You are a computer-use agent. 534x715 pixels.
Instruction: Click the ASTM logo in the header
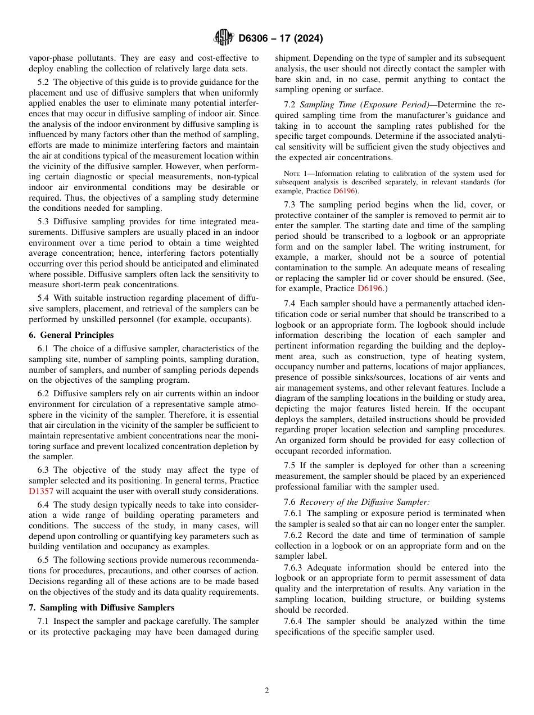[223, 38]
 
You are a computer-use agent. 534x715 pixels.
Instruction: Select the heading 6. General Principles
[71, 335]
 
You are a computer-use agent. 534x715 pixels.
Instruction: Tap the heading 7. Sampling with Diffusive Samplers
[101, 608]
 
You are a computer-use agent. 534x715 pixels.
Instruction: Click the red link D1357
[40, 491]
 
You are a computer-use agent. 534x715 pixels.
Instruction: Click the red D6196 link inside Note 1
[345, 191]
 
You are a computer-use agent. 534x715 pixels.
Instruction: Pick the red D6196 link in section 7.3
[369, 288]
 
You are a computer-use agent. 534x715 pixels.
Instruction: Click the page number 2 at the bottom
[267, 691]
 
